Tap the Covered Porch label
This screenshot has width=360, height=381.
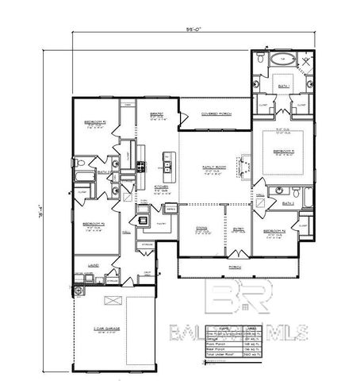click(x=215, y=114)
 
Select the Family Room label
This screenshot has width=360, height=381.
click(x=211, y=167)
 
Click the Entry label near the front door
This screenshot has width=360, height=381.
click(x=237, y=231)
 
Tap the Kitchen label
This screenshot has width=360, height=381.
click(x=161, y=188)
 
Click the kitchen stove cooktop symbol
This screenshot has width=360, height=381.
click(x=141, y=167)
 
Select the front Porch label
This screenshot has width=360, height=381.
click(x=235, y=267)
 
